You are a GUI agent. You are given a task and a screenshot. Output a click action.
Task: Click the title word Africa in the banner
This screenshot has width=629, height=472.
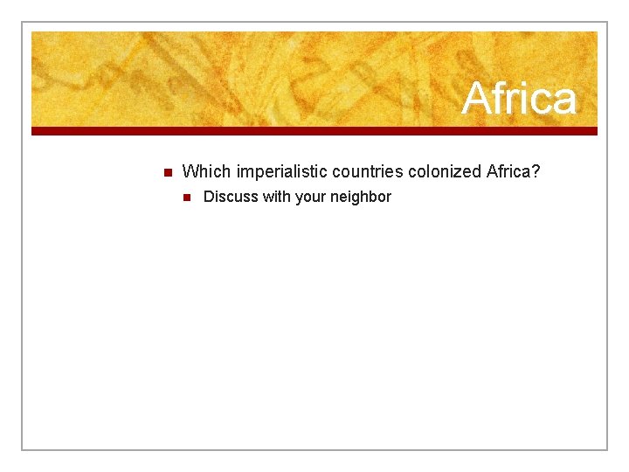[x=519, y=98]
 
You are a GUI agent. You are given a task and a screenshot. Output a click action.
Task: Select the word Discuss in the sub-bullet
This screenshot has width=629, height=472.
[x=231, y=197]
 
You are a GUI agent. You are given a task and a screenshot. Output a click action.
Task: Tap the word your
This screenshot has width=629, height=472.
[x=311, y=197]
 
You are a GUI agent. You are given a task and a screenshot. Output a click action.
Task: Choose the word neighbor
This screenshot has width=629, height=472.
[x=361, y=197]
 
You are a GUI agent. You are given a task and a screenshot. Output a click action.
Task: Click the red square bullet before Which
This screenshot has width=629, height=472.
[x=167, y=171]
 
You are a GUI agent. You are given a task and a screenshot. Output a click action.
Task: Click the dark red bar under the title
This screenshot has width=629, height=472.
[x=314, y=131]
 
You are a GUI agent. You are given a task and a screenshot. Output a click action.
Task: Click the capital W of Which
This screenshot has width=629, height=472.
[x=190, y=171]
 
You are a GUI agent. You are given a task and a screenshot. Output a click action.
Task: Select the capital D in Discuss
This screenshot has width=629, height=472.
[x=209, y=197]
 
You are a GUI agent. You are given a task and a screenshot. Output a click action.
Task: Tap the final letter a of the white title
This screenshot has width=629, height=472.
[x=565, y=100]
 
